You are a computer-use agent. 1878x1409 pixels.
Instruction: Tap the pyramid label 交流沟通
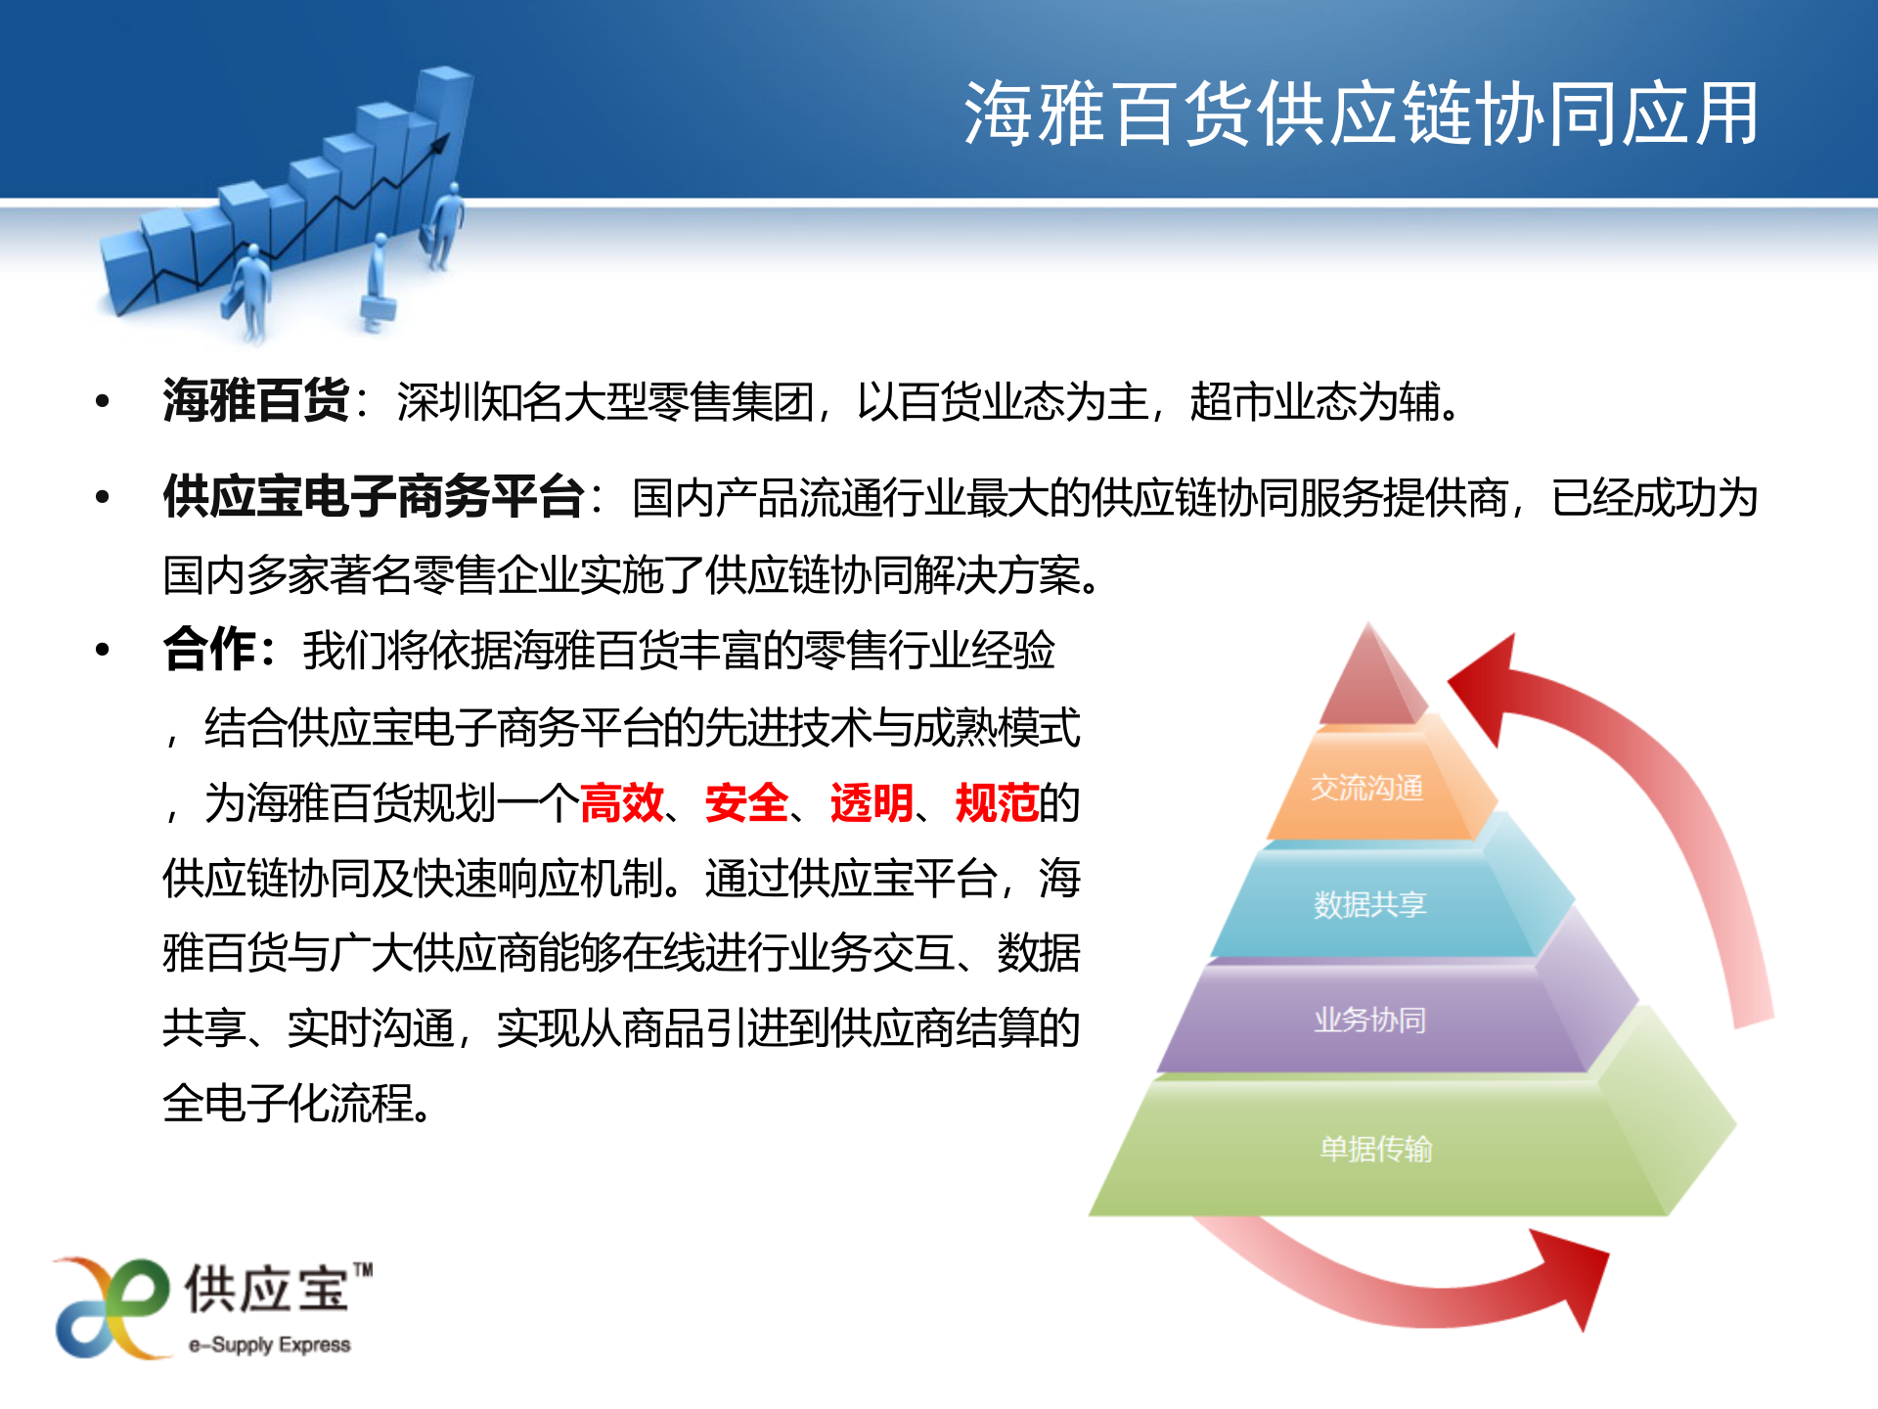[1366, 788]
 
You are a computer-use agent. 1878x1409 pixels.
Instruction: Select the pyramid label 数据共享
[1369, 904]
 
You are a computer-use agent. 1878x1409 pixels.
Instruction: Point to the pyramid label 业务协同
[1369, 1020]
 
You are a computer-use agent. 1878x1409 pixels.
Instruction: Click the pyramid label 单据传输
[1375, 1148]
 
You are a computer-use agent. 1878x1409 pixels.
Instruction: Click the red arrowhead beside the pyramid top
[1487, 685]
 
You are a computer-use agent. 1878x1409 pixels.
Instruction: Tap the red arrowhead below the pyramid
[1575, 1272]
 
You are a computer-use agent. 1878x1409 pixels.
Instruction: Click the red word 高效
[621, 803]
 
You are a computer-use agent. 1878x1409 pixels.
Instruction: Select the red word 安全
[746, 803]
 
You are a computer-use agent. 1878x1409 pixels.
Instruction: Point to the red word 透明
[872, 803]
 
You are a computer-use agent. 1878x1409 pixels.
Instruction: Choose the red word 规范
[996, 803]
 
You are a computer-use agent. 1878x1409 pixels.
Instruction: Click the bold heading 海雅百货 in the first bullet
[255, 400]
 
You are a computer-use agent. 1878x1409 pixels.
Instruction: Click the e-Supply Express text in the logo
[270, 1345]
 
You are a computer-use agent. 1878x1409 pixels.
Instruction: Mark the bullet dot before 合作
[103, 650]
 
